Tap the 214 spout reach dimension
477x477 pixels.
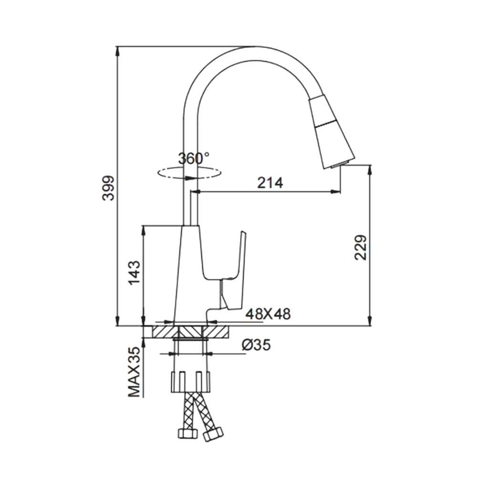(x=270, y=183)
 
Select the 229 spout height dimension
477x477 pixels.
(x=361, y=247)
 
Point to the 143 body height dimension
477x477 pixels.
(x=135, y=272)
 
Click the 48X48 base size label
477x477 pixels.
(x=268, y=314)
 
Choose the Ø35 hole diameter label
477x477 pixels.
(x=256, y=345)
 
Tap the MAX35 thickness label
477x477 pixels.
(x=134, y=372)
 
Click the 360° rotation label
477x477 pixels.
(x=194, y=158)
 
